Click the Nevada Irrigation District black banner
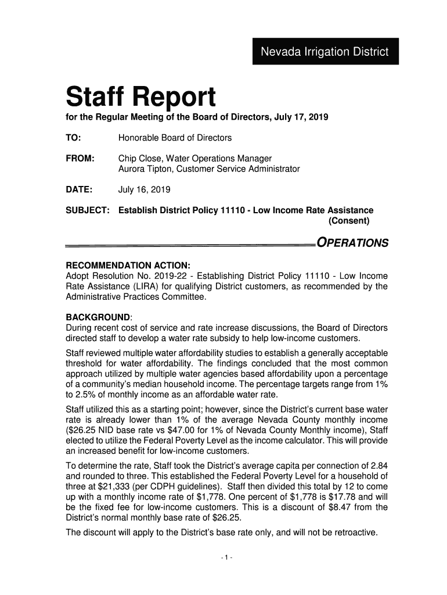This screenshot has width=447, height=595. point(325,51)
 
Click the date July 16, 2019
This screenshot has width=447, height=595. point(144,190)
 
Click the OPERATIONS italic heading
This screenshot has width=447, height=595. point(351,243)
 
